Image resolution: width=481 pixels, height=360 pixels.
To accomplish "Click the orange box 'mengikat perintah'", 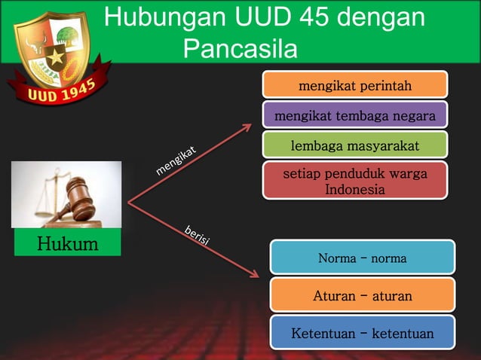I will click(354, 85).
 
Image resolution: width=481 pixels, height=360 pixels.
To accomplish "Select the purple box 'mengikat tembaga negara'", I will click(354, 116).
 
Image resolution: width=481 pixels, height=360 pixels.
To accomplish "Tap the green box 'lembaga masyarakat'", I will click(354, 145).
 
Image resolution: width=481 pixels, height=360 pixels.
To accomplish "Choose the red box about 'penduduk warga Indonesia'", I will click(354, 182).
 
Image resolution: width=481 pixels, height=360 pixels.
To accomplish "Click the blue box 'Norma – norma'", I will click(362, 258).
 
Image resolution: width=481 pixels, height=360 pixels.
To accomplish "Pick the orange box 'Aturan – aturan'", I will click(362, 296).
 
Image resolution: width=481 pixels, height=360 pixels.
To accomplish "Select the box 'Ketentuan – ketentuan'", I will click(362, 333).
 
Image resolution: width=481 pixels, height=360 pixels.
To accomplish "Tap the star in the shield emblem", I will click(54, 57).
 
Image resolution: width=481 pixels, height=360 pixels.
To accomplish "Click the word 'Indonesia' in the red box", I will click(354, 189).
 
